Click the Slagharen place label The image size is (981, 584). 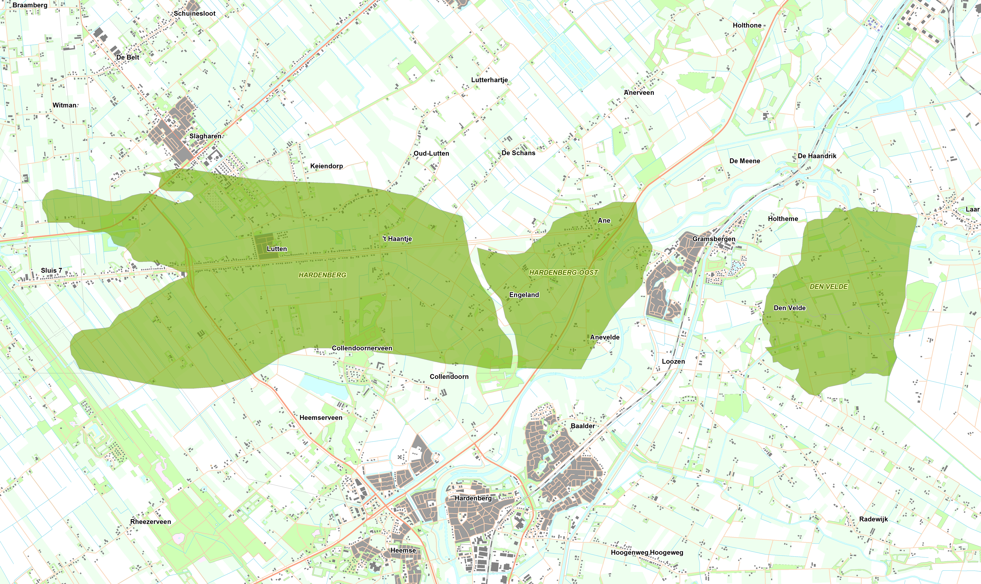[x=205, y=136]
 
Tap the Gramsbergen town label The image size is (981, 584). [x=714, y=239]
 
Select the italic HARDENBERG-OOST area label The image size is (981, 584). [x=563, y=272]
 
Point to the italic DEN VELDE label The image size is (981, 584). [x=829, y=286]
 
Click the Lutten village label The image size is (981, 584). [x=277, y=249]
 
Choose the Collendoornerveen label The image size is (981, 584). [x=362, y=348]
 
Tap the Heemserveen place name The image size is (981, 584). [x=321, y=417]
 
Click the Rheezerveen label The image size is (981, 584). [x=151, y=522]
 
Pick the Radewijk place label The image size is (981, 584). [x=873, y=519]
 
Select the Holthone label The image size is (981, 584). [x=747, y=25]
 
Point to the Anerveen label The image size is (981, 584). [x=639, y=93]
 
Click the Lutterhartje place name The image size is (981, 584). [x=489, y=80]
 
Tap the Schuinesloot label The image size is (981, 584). [x=195, y=13]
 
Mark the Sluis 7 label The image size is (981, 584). [x=52, y=270]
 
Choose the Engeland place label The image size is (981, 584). [x=524, y=295]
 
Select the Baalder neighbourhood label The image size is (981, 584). [x=583, y=426]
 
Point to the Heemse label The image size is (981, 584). [x=403, y=550]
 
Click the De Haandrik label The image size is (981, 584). [x=817, y=156]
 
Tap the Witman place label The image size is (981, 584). [x=64, y=105]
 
